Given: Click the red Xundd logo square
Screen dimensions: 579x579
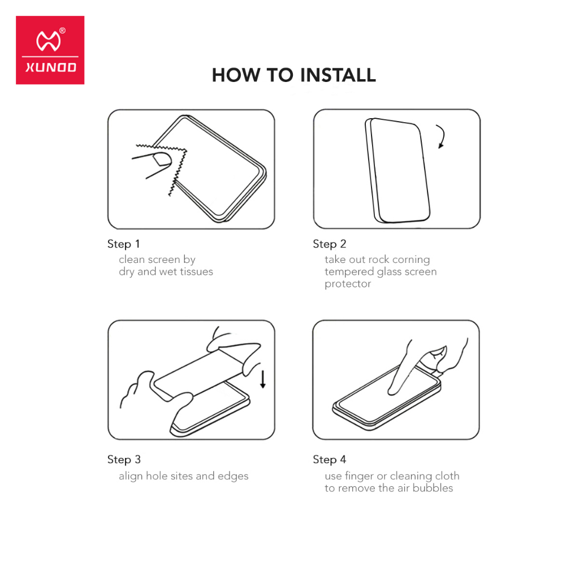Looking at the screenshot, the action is coord(50,50).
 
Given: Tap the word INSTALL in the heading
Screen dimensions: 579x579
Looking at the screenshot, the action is coord(338,75).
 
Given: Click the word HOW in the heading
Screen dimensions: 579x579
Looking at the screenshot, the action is coord(236,75).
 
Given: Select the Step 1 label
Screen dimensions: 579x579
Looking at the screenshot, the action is coord(123,244).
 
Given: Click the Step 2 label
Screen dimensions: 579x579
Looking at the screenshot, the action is coord(330,244).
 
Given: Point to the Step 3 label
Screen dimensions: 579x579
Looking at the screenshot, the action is coord(124,460).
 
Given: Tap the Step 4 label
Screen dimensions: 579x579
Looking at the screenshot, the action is coord(330,460).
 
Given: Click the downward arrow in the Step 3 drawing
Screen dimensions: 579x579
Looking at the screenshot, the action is coord(263,379).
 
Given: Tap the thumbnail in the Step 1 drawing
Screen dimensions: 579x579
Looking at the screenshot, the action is coord(162,159).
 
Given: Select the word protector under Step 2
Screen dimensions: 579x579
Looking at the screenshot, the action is coord(348,284).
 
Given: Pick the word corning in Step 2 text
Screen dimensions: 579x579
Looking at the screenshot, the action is coord(411,260).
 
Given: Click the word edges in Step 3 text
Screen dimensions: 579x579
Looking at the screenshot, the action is coord(233,476).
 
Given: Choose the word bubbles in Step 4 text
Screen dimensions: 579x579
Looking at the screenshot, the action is coord(433,488).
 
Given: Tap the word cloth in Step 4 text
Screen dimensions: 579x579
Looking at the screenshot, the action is coord(447,476).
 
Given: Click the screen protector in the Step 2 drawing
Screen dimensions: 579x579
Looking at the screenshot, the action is coord(397,171).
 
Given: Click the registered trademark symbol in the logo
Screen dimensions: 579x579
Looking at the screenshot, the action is coord(62,31).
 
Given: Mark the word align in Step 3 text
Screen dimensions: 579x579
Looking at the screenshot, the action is coord(131,476).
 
